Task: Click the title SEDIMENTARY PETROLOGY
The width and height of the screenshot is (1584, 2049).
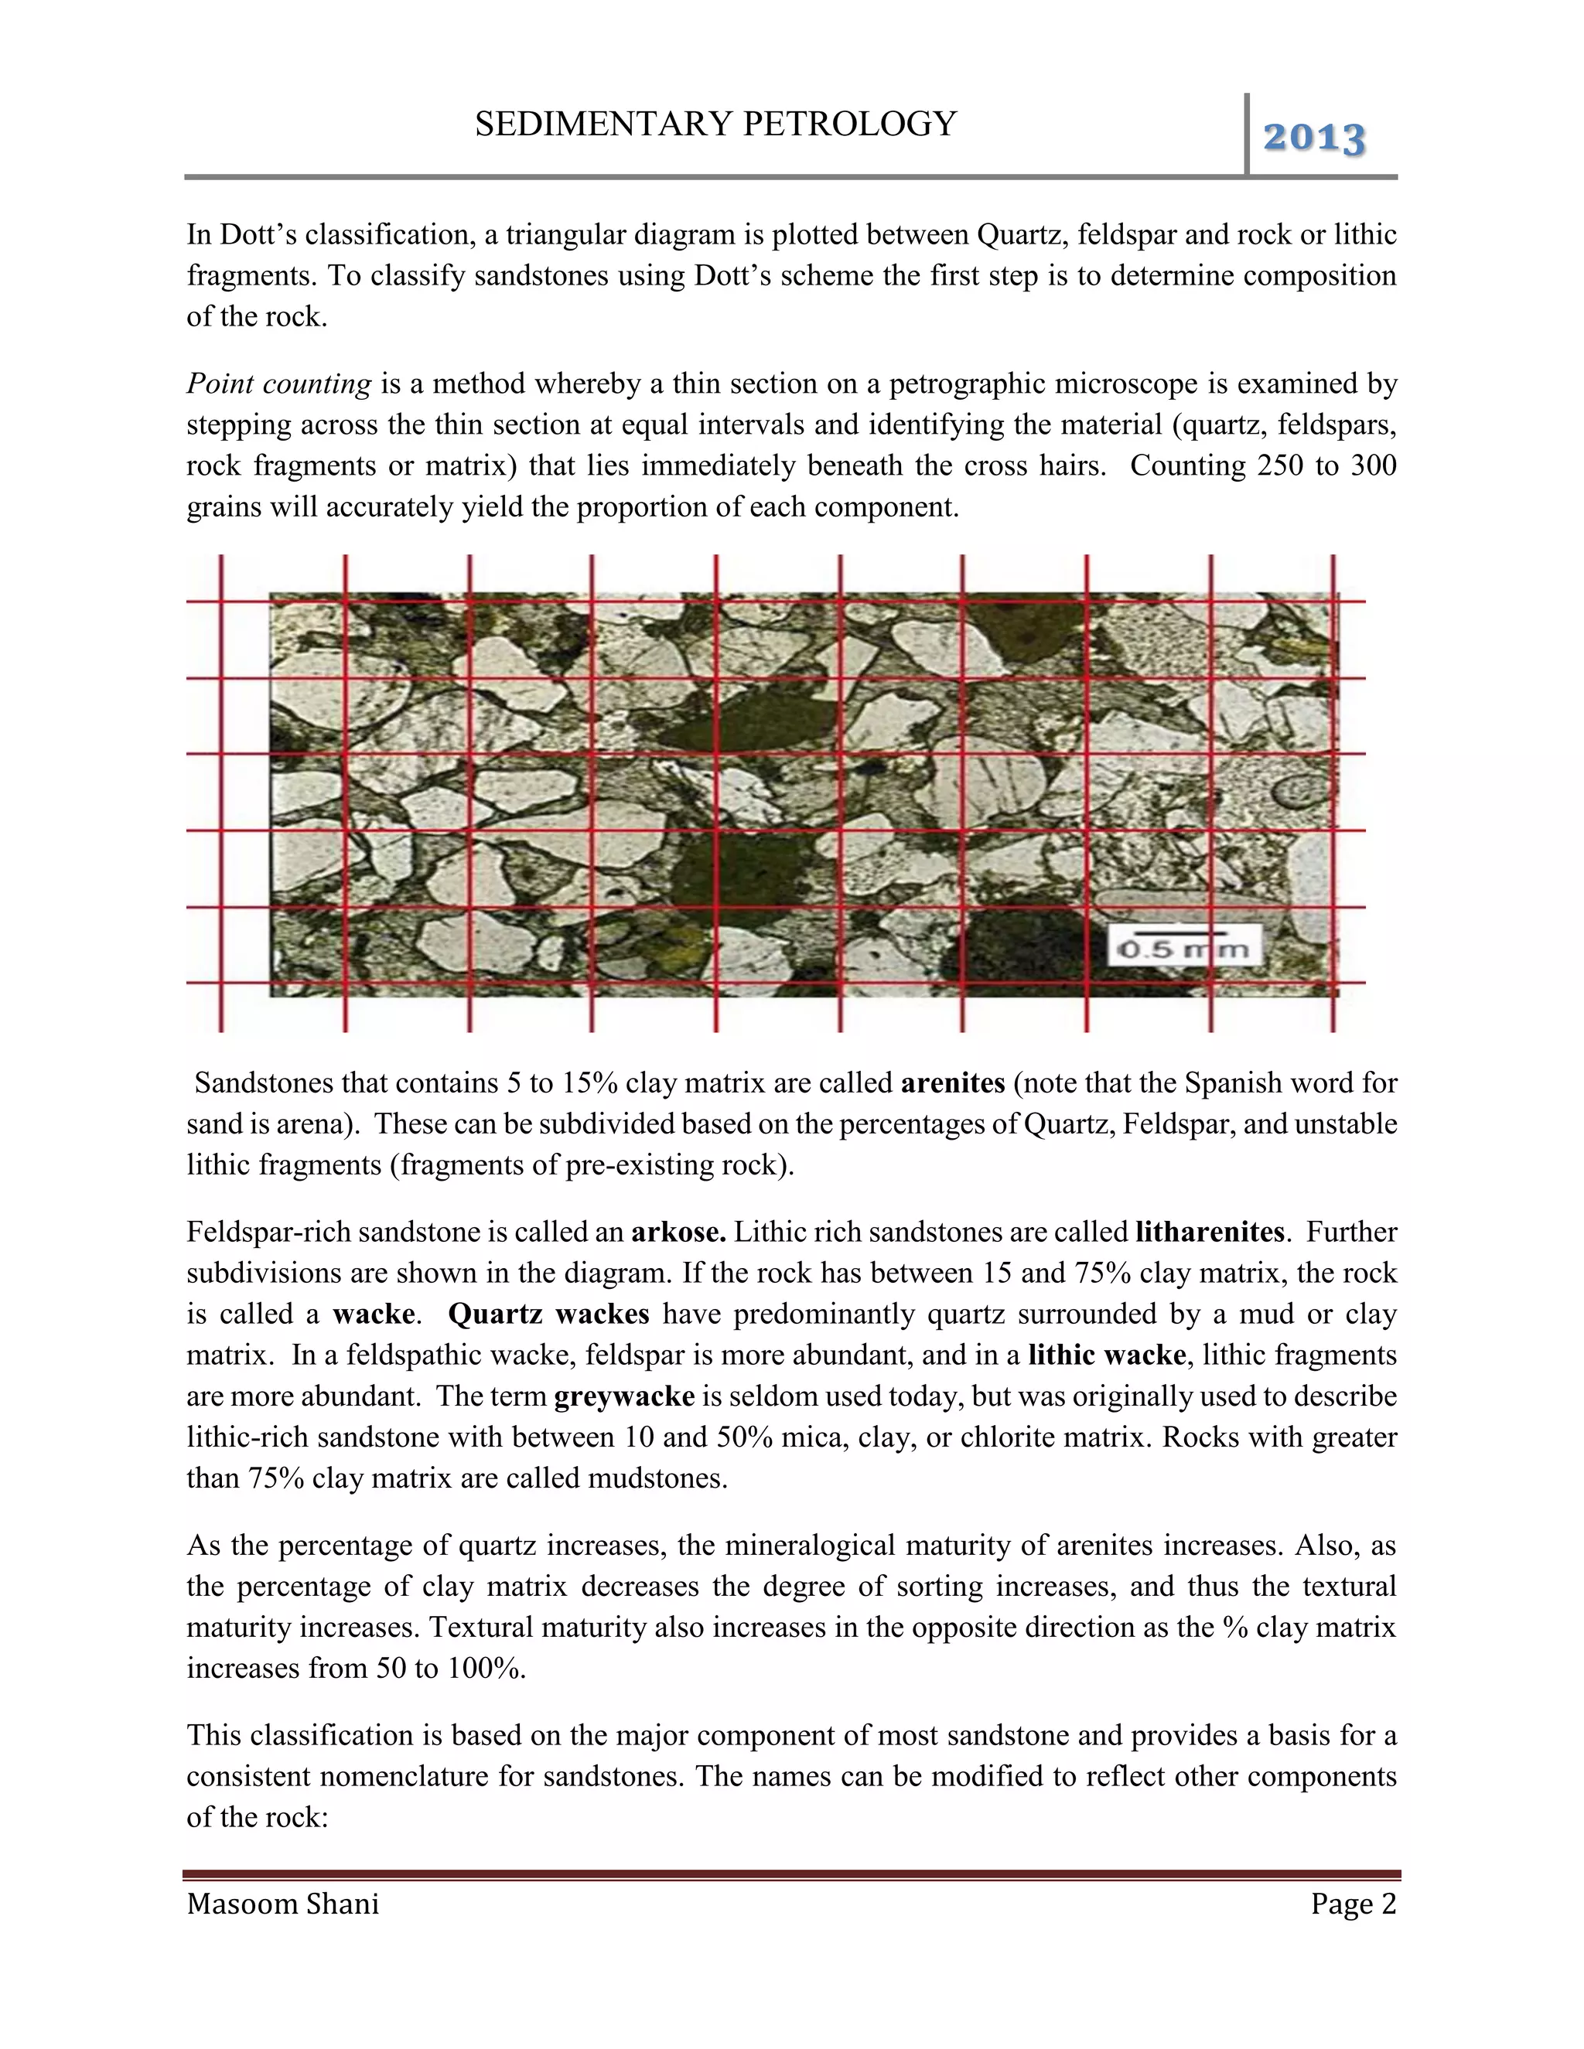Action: (715, 124)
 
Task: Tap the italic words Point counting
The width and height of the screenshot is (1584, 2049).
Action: (278, 384)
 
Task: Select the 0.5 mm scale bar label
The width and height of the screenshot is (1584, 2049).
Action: (1184, 949)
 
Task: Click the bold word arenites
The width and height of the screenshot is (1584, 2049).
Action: (952, 1083)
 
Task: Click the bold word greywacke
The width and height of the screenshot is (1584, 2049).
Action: (624, 1397)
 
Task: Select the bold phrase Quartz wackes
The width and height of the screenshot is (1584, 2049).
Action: (549, 1314)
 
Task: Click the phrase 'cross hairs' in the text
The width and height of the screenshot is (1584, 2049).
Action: (1033, 466)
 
